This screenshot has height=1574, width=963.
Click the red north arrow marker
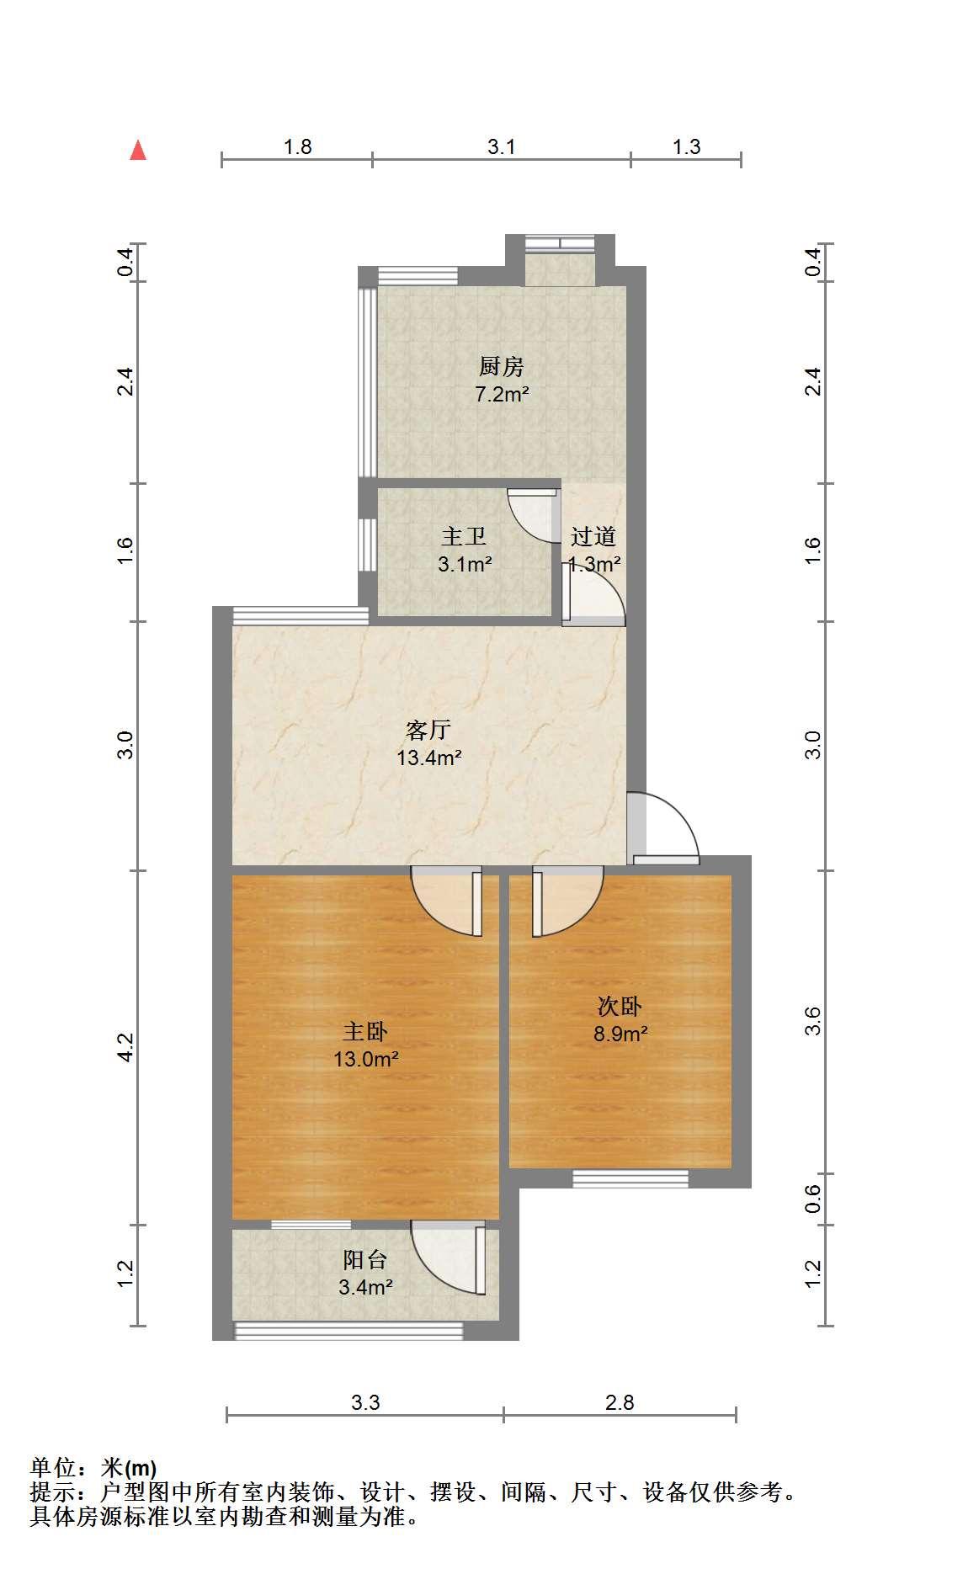pyautogui.click(x=138, y=151)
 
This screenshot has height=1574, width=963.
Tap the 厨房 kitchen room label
pyautogui.click(x=502, y=367)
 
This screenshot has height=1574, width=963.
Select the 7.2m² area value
pyautogui.click(x=502, y=394)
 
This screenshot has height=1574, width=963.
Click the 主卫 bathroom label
pyautogui.click(x=464, y=537)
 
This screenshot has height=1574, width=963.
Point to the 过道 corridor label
pyautogui.click(x=593, y=537)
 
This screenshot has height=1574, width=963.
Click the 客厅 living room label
pyautogui.click(x=428, y=730)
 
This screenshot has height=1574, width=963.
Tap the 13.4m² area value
pyautogui.click(x=428, y=758)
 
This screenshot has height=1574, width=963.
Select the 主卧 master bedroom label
pyautogui.click(x=365, y=1032)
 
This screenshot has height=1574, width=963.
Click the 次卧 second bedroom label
pyautogui.click(x=620, y=1007)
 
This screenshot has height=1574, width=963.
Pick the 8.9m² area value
pyautogui.click(x=620, y=1034)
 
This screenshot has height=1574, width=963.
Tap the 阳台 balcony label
pyautogui.click(x=365, y=1260)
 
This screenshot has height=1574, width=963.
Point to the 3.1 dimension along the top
pyautogui.click(x=502, y=147)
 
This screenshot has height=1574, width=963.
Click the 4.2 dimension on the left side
pyautogui.click(x=125, y=1048)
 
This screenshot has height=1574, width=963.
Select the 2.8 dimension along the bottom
pyautogui.click(x=620, y=1402)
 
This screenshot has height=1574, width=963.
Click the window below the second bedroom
pyautogui.click(x=630, y=1178)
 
